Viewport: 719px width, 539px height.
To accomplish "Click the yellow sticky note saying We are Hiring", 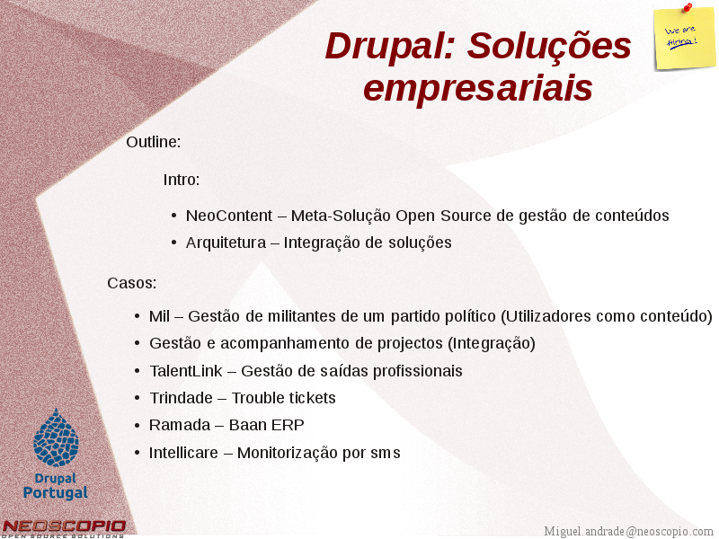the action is coord(685,39).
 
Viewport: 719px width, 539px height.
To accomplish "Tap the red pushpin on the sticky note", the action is coord(688,7).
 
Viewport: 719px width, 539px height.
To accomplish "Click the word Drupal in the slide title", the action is coord(390,47).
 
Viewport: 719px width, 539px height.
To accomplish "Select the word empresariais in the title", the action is coord(478,88).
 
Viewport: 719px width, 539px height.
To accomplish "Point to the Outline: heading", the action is coord(154,142).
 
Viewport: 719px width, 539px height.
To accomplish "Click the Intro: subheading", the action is coord(182,179).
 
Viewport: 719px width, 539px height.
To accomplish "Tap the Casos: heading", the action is coord(132,283).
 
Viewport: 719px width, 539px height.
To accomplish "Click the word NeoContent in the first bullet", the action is coord(229,216).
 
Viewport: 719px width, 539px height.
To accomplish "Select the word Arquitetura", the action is coord(226,243).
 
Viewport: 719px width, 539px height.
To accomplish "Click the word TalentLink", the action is coord(186,371).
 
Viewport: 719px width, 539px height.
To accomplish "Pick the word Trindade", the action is coord(182,398).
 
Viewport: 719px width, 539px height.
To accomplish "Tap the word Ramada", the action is coord(180,425).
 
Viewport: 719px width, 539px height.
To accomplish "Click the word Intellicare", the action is coord(183,453).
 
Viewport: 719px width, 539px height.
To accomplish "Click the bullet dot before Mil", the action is coord(138,316).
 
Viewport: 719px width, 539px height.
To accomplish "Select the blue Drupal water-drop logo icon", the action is coord(56,437).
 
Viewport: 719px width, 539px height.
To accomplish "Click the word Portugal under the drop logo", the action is coord(56,492).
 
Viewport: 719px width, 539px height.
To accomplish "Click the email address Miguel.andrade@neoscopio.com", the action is coord(628,531).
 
